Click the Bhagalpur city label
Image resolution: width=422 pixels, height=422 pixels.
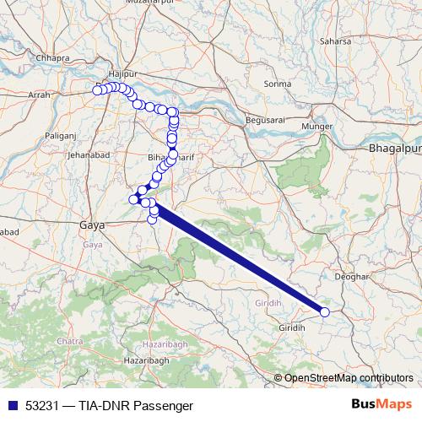(394, 149)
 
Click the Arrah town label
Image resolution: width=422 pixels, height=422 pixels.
(39, 96)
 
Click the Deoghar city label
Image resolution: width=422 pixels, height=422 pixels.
(353, 276)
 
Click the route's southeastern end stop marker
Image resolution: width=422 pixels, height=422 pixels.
(325, 312)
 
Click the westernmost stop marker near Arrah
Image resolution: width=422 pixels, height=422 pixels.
(97, 89)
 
